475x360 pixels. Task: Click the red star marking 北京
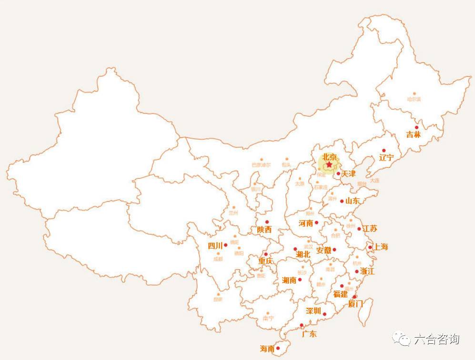tap(329, 165)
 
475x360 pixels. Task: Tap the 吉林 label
tap(414, 135)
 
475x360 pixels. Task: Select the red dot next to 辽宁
tap(384, 151)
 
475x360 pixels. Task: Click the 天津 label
tap(348, 174)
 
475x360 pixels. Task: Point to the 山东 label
tap(353, 201)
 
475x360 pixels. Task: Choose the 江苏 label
tap(370, 229)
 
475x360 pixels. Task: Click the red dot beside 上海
tap(370, 247)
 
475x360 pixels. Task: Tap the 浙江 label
tap(367, 271)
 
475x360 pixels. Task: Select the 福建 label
tap(340, 294)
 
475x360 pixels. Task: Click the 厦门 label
tap(355, 304)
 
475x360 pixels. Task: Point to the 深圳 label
tap(313, 311)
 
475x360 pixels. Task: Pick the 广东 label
tap(309, 334)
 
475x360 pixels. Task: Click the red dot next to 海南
tap(278, 348)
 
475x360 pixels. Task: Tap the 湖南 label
tap(289, 280)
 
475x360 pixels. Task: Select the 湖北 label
tap(303, 255)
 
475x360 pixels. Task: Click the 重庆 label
tap(265, 261)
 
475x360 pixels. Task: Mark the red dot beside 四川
tap(226, 245)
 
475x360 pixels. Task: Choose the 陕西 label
tap(264, 230)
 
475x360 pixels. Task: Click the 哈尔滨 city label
tap(414, 99)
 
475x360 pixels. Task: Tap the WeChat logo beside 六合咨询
tap(401, 339)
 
